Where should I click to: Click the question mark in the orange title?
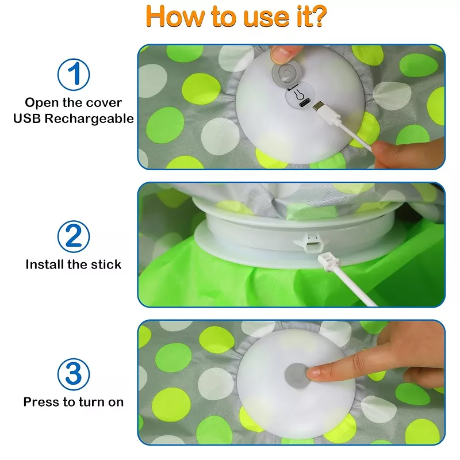[x=318, y=16]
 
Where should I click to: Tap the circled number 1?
[x=74, y=74]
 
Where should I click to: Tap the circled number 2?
[x=74, y=236]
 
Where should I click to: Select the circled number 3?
[x=74, y=374]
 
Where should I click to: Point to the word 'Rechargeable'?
[x=89, y=118]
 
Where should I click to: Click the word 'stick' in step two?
[x=106, y=264]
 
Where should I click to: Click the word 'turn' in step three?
[x=91, y=402]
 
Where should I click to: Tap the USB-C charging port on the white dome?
[x=302, y=103]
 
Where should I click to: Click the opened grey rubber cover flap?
[x=286, y=74]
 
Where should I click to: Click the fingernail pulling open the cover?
[x=279, y=54]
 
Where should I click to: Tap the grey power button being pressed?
[x=297, y=376]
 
